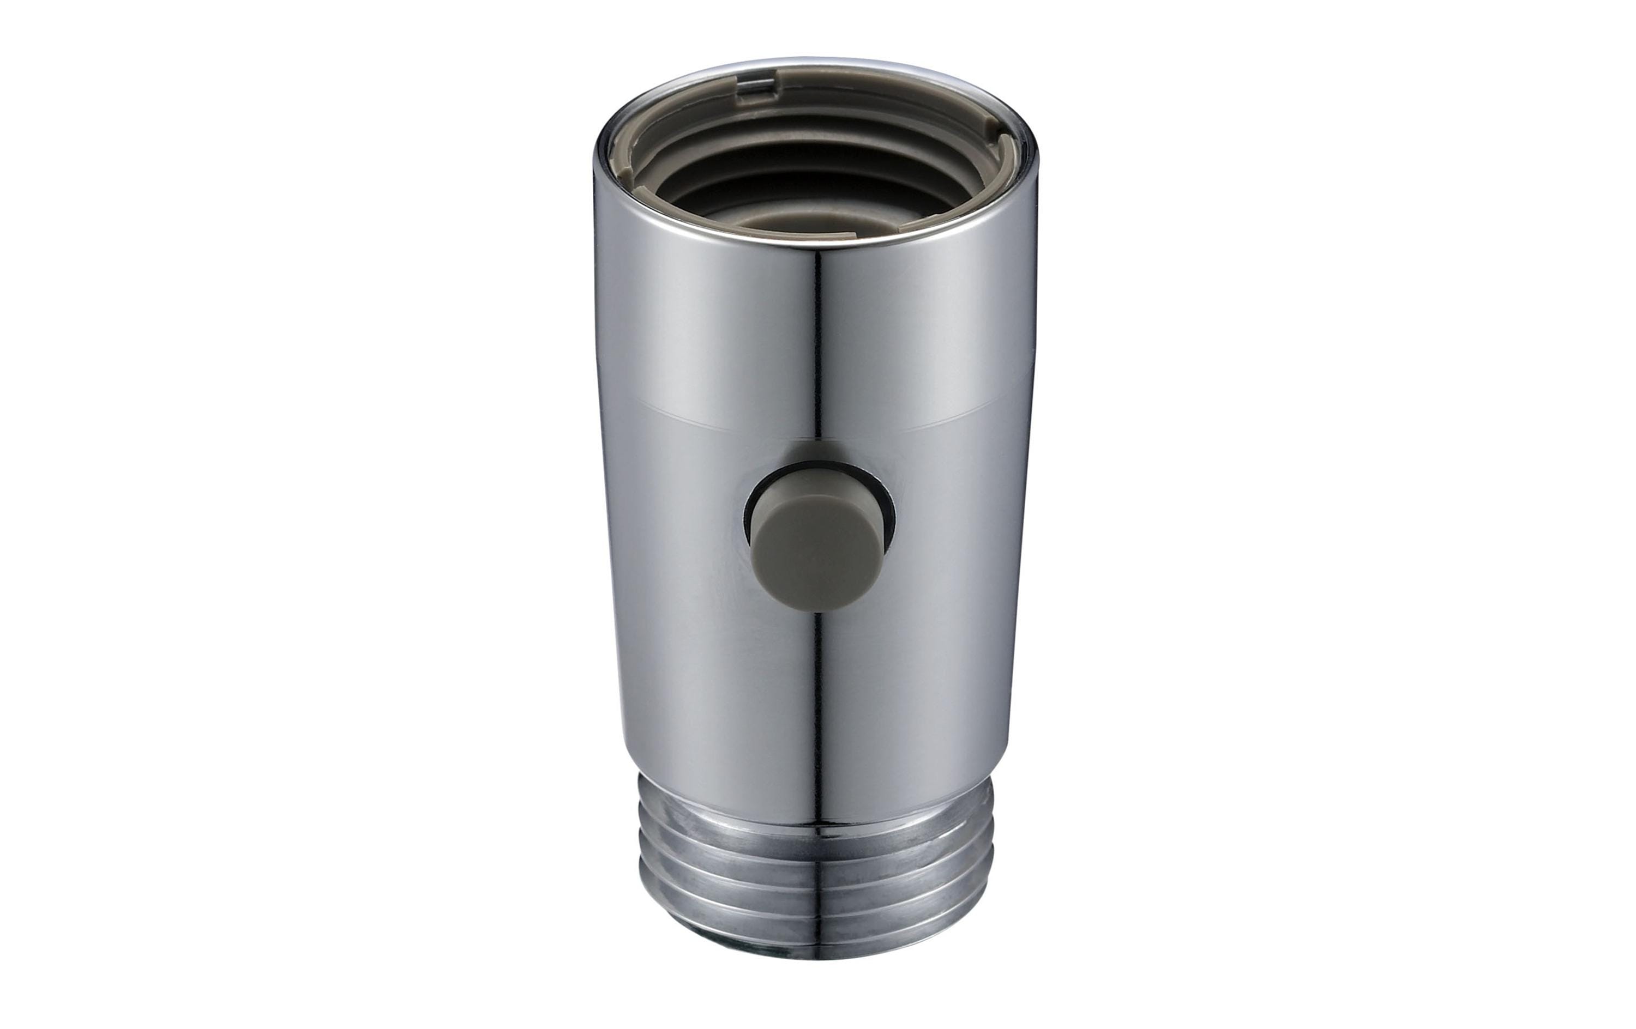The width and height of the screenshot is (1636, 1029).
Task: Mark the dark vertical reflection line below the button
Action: coord(820,679)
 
